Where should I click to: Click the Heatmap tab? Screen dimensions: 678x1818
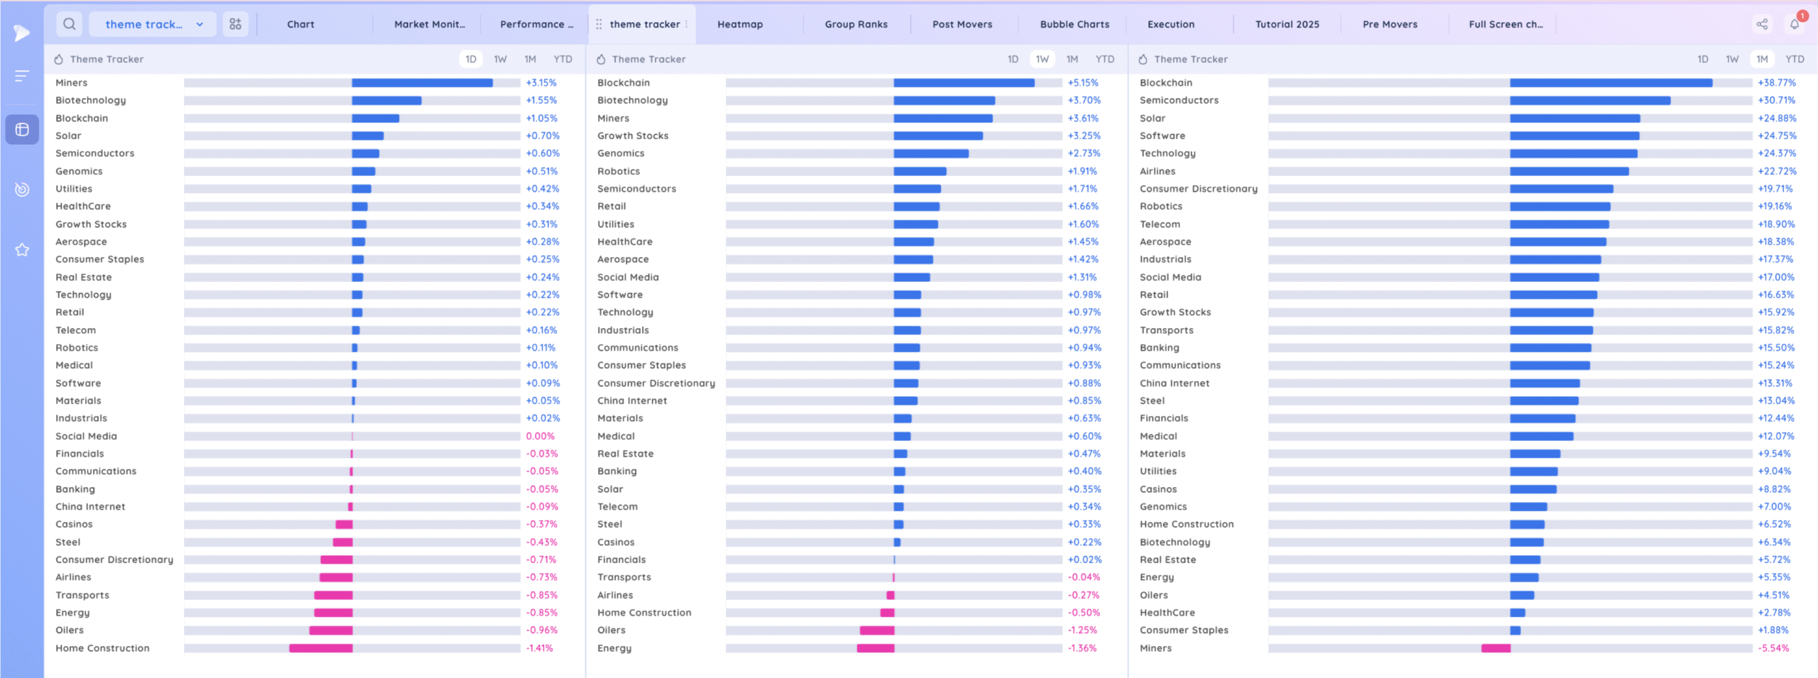click(739, 24)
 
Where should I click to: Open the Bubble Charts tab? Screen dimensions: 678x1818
click(1074, 24)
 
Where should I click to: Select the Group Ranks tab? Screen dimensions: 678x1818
click(856, 24)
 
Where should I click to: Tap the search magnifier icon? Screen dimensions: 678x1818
click(70, 24)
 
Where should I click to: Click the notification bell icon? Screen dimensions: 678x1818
click(1794, 25)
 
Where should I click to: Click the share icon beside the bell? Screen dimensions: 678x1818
click(1762, 25)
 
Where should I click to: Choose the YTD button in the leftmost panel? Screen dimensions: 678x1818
click(562, 60)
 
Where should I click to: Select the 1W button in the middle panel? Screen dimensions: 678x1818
click(1042, 60)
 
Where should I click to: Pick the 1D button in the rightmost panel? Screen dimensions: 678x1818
click(1702, 60)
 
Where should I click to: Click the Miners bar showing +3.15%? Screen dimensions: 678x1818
click(422, 83)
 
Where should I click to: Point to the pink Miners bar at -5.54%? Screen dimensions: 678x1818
click(1496, 648)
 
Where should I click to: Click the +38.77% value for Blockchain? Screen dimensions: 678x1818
click(1776, 83)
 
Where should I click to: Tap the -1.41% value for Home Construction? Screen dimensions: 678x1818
click(539, 648)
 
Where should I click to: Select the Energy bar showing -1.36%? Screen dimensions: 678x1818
click(875, 648)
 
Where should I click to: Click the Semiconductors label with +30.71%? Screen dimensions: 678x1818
click(1178, 101)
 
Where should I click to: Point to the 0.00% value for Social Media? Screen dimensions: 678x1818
click(540, 437)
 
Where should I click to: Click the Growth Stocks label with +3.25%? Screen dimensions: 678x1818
click(632, 136)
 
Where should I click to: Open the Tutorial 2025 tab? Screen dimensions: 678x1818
click(1287, 24)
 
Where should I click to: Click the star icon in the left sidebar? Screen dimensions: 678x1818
click(22, 250)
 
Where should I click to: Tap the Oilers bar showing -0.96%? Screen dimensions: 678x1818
click(330, 630)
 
